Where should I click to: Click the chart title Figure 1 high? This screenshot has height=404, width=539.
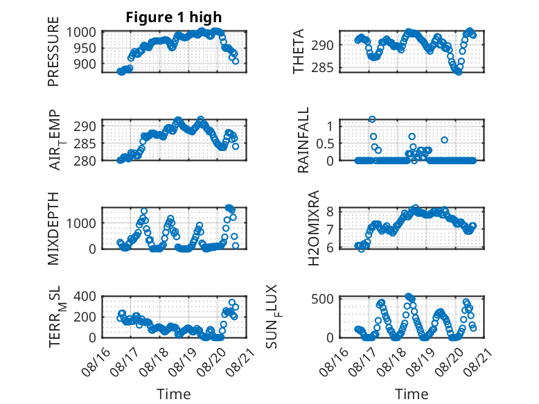coord(174,17)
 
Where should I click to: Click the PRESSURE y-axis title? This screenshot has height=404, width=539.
coord(53,51)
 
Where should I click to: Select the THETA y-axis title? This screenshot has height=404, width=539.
coord(299,51)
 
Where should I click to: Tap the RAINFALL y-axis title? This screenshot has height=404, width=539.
coord(303,140)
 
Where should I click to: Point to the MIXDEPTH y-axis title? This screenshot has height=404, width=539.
coord(53,229)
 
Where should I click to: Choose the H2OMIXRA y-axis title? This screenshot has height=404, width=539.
coord(314,228)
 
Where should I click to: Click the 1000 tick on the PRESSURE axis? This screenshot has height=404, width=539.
coord(81,33)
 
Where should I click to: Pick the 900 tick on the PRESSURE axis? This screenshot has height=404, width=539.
coord(85,64)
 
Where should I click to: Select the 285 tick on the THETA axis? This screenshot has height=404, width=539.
coord(322,68)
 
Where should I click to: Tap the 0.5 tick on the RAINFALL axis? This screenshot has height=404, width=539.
coord(325,143)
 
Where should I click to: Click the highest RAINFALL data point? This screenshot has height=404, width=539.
coord(372,119)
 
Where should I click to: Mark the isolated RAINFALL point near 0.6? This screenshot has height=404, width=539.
coord(445,140)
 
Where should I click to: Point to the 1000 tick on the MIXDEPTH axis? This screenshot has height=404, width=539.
coord(81,223)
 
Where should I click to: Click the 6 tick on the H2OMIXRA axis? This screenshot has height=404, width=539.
coord(330,248)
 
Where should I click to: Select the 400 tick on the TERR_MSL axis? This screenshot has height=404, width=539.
coord(85,296)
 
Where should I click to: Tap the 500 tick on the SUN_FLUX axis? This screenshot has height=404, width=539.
coord(322,299)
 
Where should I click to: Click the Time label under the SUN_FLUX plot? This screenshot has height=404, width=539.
coord(412,394)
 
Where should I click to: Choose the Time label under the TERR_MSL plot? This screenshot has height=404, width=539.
coord(174,394)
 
